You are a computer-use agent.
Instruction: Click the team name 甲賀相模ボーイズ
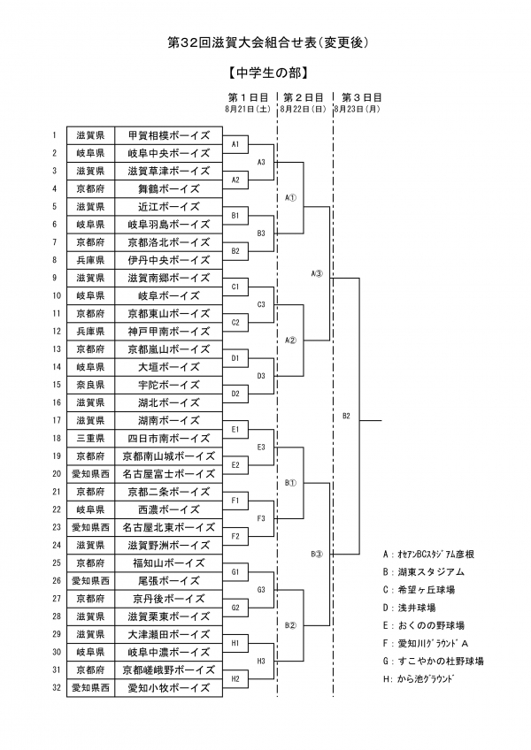pyautogui.click(x=168, y=135)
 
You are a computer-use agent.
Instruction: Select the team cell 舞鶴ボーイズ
pyautogui.click(x=168, y=188)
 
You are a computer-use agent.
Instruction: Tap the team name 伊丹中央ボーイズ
pyautogui.click(x=168, y=260)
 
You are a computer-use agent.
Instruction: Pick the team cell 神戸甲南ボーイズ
pyautogui.click(x=168, y=331)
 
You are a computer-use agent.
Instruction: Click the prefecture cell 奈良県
pyautogui.click(x=89, y=385)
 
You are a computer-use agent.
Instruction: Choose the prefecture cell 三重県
pyautogui.click(x=89, y=438)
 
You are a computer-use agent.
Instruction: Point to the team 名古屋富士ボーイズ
pyautogui.click(x=168, y=474)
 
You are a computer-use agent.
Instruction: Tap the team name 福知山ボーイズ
pyautogui.click(x=168, y=562)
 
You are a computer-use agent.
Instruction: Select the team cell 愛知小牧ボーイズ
pyautogui.click(x=168, y=687)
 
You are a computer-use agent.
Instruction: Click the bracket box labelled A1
pyautogui.click(x=235, y=143)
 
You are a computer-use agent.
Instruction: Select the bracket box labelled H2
pyautogui.click(x=235, y=678)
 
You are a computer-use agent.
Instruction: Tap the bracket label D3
pyautogui.click(x=261, y=375)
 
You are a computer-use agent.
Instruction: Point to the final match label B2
pyautogui.click(x=347, y=416)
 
